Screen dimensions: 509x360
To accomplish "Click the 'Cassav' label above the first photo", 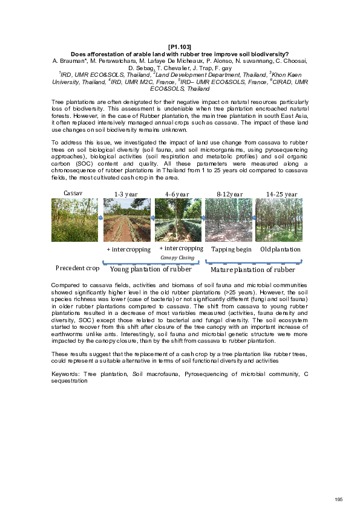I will [73, 192].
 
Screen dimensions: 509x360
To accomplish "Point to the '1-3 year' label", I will [126, 194].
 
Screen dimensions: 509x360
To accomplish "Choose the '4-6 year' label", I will [177, 194].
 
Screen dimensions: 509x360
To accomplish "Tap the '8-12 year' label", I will [229, 194].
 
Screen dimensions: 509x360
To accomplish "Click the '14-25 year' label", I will [281, 194].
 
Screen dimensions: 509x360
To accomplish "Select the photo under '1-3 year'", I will [127, 220].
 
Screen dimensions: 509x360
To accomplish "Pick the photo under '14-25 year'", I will [278, 220].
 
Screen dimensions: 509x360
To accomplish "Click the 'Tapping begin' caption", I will [231, 249].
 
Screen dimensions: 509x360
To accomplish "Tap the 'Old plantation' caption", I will [280, 249].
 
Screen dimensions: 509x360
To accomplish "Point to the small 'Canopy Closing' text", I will [177, 258].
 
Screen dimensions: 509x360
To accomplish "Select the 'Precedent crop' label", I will [77, 268].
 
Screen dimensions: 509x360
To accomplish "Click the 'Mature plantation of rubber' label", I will [252, 270].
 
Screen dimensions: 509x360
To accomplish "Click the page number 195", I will [338, 499].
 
